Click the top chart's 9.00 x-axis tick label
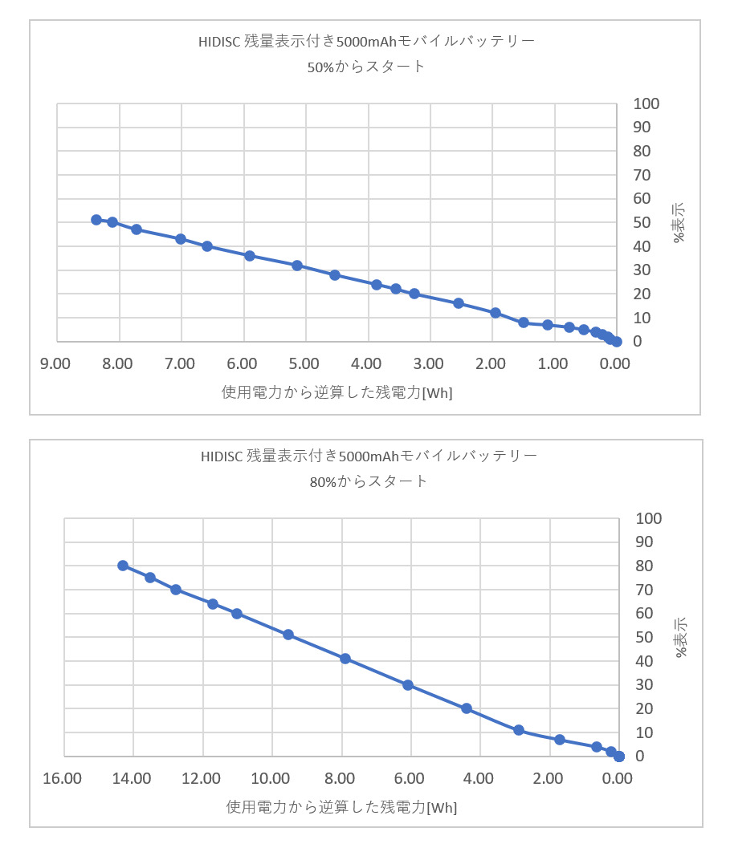pyautogui.click(x=55, y=364)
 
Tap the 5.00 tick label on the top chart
pyautogui.click(x=304, y=364)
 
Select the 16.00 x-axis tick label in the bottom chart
pyautogui.click(x=63, y=779)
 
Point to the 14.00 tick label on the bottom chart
pyautogui.click(x=132, y=779)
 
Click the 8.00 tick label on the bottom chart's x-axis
pyautogui.click(x=341, y=779)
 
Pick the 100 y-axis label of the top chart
pyautogui.click(x=646, y=103)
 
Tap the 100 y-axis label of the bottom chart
pyautogui.click(x=648, y=518)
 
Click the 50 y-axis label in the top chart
pyautogui.click(x=642, y=222)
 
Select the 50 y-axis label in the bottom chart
pyautogui.click(x=643, y=637)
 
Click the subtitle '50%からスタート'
pyautogui.click(x=366, y=67)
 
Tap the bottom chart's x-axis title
pyautogui.click(x=342, y=807)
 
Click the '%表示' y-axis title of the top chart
pyautogui.click(x=679, y=222)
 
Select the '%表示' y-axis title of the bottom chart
pyautogui.click(x=681, y=637)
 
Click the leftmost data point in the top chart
pyautogui.click(x=96, y=220)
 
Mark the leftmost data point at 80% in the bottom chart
pyautogui.click(x=123, y=566)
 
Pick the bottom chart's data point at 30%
pyautogui.click(x=408, y=685)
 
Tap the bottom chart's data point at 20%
pyautogui.click(x=467, y=708)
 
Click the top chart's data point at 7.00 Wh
pyautogui.click(x=181, y=239)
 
